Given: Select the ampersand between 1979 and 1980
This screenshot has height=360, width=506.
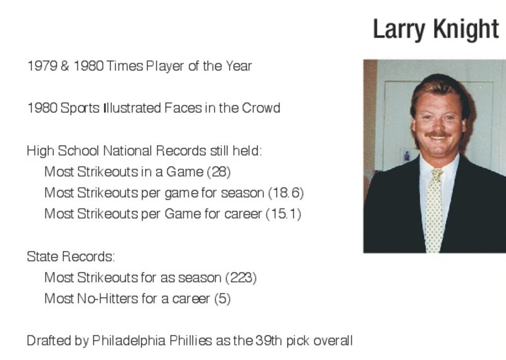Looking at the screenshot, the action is click(65, 66).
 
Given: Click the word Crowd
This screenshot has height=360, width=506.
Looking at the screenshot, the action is click(261, 108).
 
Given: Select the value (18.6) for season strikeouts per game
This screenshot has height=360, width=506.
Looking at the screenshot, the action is click(286, 193).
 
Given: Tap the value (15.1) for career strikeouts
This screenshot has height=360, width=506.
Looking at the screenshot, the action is click(284, 214).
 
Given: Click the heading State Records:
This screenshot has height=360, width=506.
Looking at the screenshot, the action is click(71, 257).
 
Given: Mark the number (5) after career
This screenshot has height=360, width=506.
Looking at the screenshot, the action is click(223, 299).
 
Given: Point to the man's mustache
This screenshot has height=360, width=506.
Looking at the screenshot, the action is click(438, 134).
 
